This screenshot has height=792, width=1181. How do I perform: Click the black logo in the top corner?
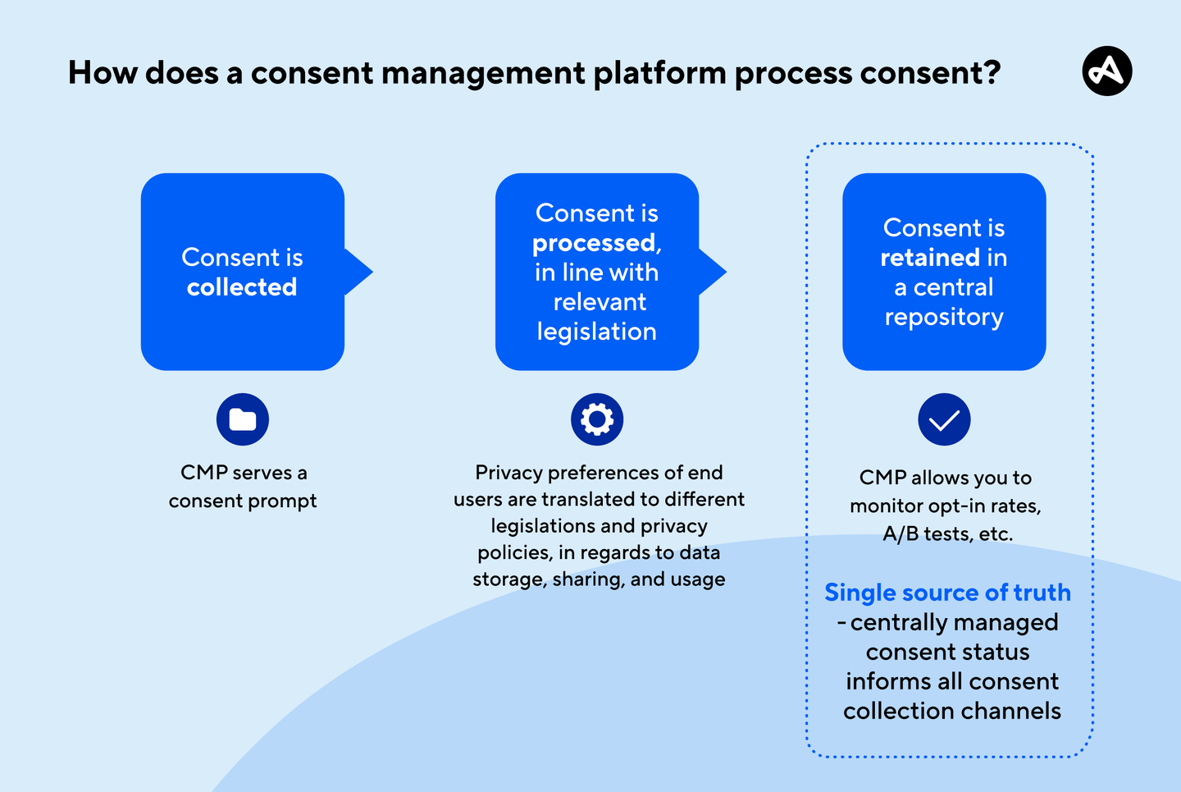(1106, 71)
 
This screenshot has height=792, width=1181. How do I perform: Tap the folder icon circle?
(243, 419)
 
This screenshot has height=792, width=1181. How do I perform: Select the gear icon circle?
(597, 419)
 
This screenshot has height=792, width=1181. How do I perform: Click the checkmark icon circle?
(944, 419)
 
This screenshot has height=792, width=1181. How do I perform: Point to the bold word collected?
(242, 287)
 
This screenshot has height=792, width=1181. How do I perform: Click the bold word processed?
(594, 243)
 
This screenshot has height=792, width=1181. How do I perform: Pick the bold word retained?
(930, 258)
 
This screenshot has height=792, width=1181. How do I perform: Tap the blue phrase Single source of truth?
(947, 593)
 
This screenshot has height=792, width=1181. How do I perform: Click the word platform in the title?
(659, 73)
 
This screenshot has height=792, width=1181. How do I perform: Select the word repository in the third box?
(944, 318)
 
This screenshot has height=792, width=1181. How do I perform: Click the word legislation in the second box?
(597, 332)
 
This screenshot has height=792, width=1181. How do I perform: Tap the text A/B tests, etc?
(947, 533)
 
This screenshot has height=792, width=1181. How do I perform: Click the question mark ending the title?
(992, 73)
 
